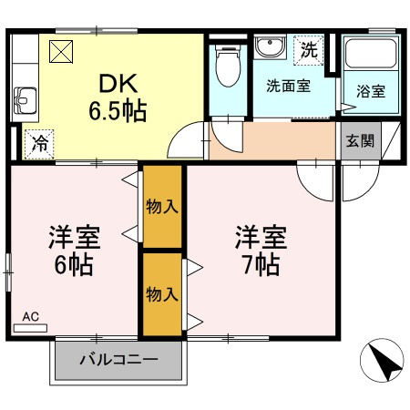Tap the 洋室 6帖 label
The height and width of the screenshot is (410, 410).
(x=74, y=251)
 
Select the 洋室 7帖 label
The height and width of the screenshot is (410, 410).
(x=261, y=251)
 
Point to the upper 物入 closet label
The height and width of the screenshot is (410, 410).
(x=161, y=207)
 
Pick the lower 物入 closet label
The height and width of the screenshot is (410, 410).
(x=161, y=293)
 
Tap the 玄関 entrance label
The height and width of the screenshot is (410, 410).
(x=359, y=141)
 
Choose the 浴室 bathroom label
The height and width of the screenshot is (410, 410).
(x=370, y=91)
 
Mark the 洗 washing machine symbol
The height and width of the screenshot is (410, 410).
(x=310, y=49)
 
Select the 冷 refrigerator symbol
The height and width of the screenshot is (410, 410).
(x=39, y=142)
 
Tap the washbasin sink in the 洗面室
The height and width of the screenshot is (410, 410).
(x=270, y=48)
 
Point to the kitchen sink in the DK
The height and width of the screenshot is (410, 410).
(x=24, y=97)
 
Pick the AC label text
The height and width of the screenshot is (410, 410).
(x=31, y=317)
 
